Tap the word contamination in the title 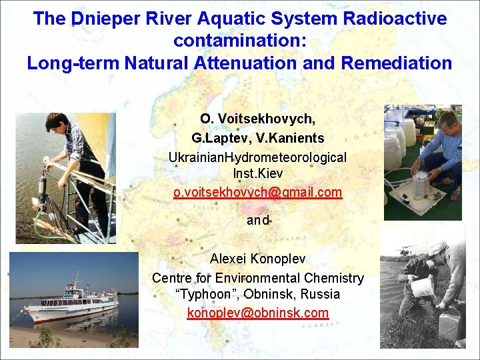tap(239, 41)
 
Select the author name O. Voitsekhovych tap(257, 119)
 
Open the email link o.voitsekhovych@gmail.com tap(257, 192)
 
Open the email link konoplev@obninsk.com tap(257, 312)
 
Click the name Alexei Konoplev tap(257, 259)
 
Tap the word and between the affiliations tap(257, 220)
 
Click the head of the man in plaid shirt tap(55, 123)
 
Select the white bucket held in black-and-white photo tap(423, 287)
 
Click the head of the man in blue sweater tap(447, 121)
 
